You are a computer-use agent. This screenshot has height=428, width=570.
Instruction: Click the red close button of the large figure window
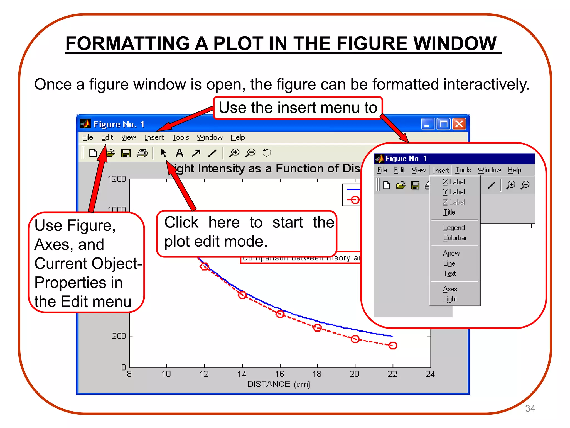[459, 124]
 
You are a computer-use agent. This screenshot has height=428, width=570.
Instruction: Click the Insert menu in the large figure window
[154, 137]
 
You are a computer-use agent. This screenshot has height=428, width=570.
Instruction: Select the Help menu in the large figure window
[238, 137]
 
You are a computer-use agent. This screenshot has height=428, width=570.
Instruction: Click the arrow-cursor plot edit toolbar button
[163, 153]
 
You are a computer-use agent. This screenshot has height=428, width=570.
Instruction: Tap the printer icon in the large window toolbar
[142, 153]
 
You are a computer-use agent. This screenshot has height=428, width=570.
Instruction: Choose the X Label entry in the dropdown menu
[454, 182]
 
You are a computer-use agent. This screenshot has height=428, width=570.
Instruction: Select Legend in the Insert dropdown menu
[454, 228]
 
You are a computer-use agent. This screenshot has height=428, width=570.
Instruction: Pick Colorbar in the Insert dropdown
[455, 238]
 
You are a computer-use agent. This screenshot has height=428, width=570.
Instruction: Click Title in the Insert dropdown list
[449, 212]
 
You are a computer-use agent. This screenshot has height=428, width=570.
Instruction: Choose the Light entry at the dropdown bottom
[450, 299]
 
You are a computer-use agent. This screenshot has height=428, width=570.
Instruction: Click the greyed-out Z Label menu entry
[454, 202]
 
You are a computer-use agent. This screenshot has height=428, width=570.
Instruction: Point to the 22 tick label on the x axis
[392, 374]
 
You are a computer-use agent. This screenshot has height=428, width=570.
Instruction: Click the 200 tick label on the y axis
[119, 336]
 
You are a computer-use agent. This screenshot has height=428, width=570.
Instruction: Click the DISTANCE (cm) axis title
[279, 384]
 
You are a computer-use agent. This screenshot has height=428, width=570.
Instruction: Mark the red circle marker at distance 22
[393, 346]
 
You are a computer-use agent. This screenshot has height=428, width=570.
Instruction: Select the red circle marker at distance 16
[280, 314]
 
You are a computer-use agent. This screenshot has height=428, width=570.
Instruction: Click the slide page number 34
[530, 408]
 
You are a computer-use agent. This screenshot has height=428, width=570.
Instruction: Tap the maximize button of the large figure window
[444, 124]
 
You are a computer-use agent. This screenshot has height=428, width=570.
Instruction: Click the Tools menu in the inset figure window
[463, 170]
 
